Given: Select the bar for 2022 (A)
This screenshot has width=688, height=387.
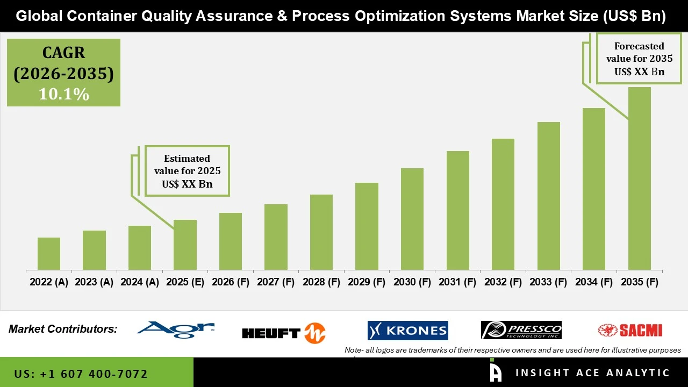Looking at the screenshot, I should [49, 254].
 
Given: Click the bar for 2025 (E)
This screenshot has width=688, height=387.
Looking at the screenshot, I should [185, 245].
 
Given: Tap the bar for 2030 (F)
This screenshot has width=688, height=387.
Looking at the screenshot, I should [412, 219].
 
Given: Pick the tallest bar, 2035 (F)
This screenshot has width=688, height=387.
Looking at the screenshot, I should [639, 178].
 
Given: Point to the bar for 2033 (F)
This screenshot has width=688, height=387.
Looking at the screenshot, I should [548, 196].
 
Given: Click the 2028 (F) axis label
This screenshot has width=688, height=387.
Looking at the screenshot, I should [321, 282].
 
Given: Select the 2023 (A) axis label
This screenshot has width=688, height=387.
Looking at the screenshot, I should [94, 282].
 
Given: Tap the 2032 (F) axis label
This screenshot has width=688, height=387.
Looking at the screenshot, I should [503, 282].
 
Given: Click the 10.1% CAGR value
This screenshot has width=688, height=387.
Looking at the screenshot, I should [63, 94].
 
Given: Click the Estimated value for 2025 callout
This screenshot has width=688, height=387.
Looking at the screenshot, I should [187, 171].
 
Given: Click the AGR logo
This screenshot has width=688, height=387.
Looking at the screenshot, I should [176, 329].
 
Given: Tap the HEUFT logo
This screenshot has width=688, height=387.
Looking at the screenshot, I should [284, 333].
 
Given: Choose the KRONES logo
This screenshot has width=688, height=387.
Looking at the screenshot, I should [407, 331].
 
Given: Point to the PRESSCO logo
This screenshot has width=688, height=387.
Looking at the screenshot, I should [521, 329].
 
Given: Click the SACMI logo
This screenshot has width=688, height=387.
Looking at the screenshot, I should [630, 330].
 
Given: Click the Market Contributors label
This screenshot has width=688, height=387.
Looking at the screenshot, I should [63, 329].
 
